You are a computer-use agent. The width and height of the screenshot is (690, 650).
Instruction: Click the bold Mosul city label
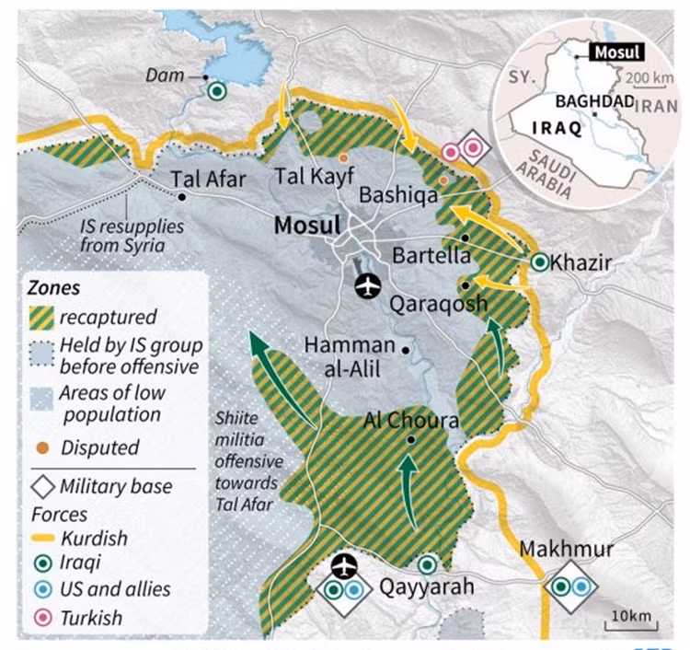(x=305, y=225)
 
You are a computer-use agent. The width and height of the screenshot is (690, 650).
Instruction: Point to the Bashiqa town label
(x=396, y=195)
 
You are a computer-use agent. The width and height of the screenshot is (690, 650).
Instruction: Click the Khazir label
(x=582, y=263)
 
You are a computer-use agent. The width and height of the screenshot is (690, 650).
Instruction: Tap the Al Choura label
(x=412, y=421)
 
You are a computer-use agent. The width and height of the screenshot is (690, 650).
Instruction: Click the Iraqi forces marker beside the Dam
(x=217, y=90)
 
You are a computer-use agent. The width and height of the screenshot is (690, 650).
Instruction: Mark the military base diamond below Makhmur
(x=570, y=586)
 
